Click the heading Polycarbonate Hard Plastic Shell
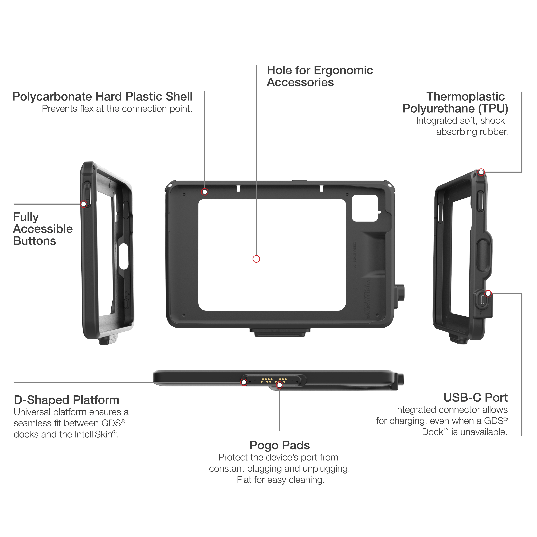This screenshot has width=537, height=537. click(x=102, y=97)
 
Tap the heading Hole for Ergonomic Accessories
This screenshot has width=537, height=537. click(x=320, y=76)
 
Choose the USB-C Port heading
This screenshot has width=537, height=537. click(x=475, y=398)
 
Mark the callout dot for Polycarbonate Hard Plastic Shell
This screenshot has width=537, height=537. click(x=205, y=192)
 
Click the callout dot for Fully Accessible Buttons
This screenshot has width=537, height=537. click(x=83, y=204)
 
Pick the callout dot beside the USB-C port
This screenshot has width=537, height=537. click(x=488, y=293)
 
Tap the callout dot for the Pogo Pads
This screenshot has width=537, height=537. click(x=280, y=385)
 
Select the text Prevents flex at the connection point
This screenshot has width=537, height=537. click(x=117, y=109)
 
